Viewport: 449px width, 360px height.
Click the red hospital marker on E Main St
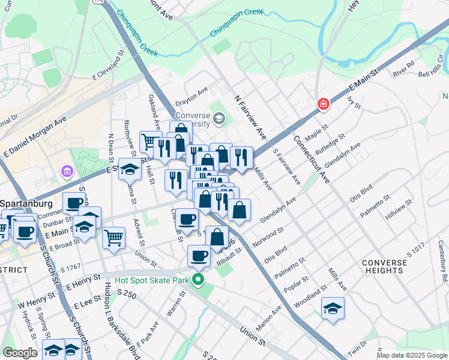tap(324, 104)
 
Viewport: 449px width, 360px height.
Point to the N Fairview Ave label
tap(250, 116)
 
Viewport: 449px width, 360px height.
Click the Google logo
tap(19, 353)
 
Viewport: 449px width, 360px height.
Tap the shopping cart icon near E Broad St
tap(113, 238)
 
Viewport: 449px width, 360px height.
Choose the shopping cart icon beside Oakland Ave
tap(150, 142)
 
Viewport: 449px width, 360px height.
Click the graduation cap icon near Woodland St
tap(333, 308)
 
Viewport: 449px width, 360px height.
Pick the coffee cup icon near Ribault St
tap(198, 256)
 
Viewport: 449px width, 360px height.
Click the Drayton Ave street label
tap(191, 93)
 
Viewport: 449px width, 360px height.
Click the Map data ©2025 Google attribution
tap(412, 355)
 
